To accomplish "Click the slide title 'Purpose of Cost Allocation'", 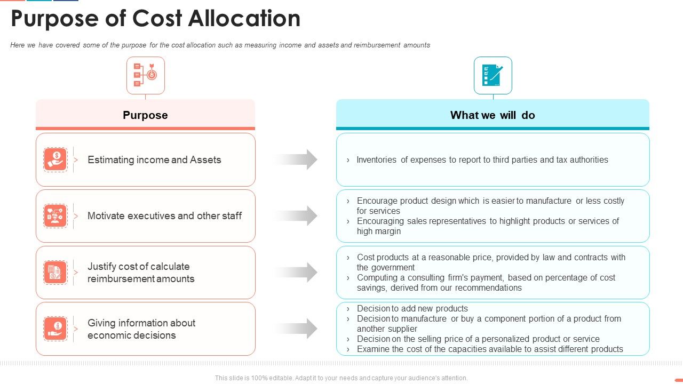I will pos(155,19).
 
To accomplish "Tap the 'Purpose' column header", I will pos(145,115).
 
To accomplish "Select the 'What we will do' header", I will pos(493,115).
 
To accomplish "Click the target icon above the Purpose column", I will pos(146,76).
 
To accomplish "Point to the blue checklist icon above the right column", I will pos(493,76).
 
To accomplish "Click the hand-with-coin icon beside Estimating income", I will pos(55,159).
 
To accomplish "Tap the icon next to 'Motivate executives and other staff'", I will pos(55,216).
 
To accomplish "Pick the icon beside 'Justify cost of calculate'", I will pos(55,273).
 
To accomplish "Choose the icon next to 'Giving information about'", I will pos(55,329).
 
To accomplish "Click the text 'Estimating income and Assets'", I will pos(154,159).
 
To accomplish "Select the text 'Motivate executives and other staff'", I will pos(164,216).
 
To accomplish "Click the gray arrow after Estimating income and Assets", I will pos(297,159).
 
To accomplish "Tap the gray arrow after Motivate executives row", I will pos(297,216).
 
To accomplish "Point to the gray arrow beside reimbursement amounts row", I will pos(297,273).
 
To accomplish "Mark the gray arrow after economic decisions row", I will pos(297,329).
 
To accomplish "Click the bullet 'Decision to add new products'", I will pos(412,308).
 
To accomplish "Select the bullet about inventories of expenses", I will pos(482,159).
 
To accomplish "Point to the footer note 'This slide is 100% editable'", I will pos(341,378).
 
